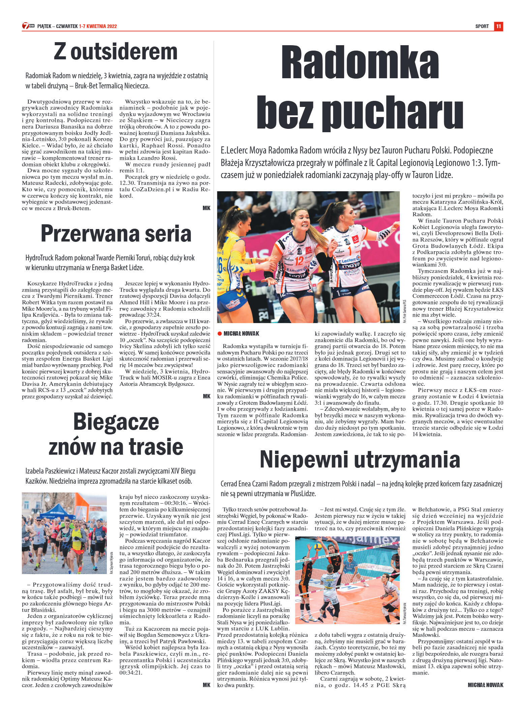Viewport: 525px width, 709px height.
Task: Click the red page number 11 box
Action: click(x=498, y=26)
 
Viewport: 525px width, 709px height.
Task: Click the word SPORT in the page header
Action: click(x=482, y=26)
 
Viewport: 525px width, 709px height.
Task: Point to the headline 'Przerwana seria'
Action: click(x=116, y=234)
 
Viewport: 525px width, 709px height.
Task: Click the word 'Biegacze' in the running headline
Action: click(x=116, y=422)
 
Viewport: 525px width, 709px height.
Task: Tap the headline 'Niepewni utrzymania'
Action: click(x=360, y=459)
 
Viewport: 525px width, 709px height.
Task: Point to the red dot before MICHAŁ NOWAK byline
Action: click(x=219, y=334)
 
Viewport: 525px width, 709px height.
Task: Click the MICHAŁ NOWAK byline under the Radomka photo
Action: click(x=241, y=334)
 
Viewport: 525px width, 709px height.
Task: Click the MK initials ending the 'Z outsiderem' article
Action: click(x=206, y=208)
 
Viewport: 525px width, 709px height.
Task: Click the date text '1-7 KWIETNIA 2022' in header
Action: click(x=98, y=26)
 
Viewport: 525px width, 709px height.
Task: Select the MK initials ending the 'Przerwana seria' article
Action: click(x=206, y=396)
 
